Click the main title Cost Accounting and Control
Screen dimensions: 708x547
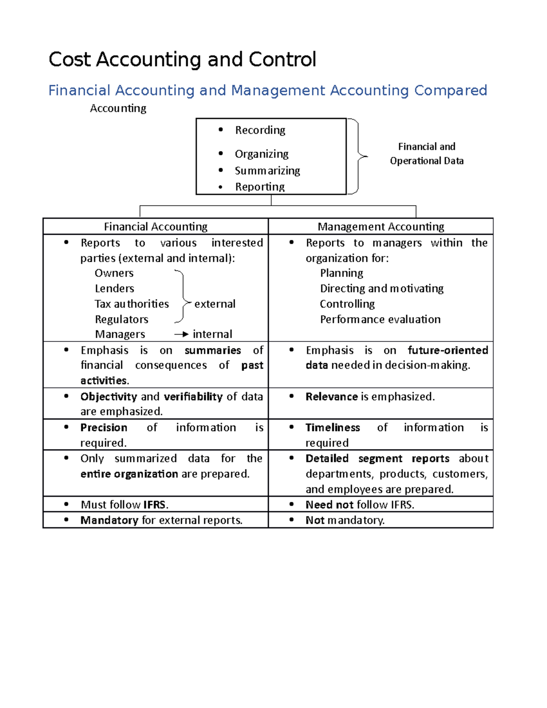[182, 60]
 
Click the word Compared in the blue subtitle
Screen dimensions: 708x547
[450, 90]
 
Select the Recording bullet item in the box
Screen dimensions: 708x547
[260, 130]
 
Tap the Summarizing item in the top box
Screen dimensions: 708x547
[267, 171]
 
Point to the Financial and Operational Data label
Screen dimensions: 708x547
[427, 154]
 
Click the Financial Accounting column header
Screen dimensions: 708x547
[155, 227]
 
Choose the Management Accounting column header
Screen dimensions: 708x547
[381, 227]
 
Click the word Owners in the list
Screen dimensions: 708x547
[114, 273]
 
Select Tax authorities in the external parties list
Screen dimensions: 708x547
[132, 304]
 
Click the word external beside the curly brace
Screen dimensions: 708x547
[215, 304]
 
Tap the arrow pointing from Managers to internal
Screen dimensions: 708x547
[181, 334]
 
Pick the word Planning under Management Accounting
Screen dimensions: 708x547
[341, 273]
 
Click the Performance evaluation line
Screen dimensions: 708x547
[380, 319]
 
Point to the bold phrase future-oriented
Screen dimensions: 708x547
[448, 350]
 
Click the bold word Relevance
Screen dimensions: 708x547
[331, 397]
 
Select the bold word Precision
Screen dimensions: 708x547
[104, 428]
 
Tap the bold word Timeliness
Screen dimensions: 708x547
[333, 428]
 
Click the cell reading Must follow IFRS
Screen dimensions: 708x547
[124, 505]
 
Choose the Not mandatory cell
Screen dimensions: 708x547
[345, 520]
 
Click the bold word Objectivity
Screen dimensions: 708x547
[108, 397]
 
